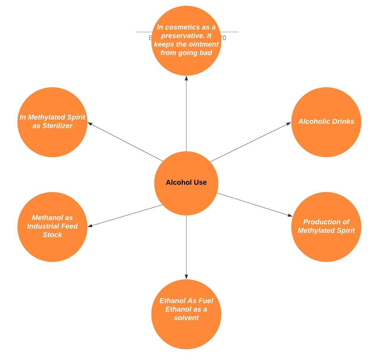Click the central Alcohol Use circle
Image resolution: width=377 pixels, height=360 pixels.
(186, 183)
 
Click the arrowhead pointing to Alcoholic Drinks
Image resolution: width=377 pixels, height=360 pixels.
(288, 123)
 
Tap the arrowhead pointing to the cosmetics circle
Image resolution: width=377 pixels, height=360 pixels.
(186, 78)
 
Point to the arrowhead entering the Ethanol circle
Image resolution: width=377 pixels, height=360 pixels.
(186, 277)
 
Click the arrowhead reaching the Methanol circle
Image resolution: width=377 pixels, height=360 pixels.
(90, 226)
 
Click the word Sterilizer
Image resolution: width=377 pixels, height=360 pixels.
(57, 126)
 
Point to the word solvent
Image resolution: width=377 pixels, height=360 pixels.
(186, 318)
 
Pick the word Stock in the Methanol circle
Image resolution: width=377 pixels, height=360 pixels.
(52, 235)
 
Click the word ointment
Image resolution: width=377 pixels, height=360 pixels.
(203, 44)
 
